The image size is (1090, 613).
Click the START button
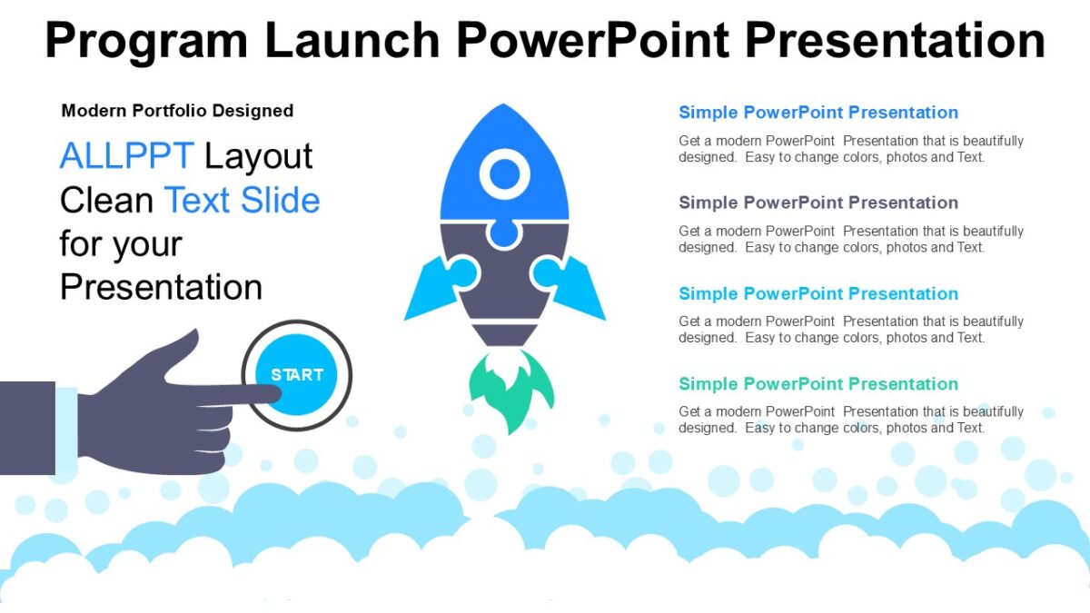(x=297, y=374)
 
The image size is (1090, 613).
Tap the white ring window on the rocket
(x=504, y=173)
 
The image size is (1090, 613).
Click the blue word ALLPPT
(x=126, y=156)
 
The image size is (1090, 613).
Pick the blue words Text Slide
(x=242, y=200)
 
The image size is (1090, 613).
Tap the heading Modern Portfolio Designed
(x=177, y=111)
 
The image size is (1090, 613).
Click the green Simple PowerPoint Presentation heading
(x=818, y=383)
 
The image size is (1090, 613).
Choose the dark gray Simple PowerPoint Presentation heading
(x=818, y=203)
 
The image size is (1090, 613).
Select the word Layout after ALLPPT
(x=258, y=156)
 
